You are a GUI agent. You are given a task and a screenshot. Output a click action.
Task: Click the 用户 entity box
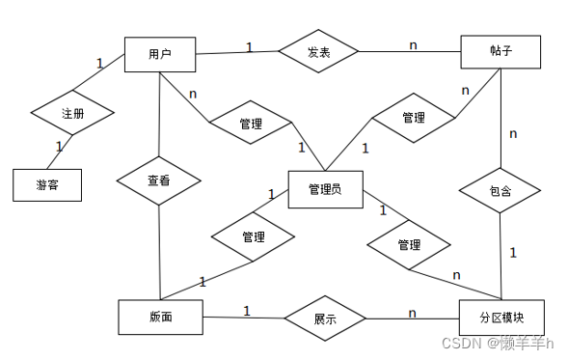tap(160, 53)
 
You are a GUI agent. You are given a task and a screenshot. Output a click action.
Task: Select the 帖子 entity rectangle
tap(499, 51)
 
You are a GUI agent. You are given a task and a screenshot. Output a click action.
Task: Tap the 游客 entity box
tap(46, 184)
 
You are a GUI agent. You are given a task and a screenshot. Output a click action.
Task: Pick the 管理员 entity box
tap(324, 188)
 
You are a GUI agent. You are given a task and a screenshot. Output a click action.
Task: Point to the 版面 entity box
tap(160, 317)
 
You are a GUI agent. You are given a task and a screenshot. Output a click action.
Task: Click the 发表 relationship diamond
tap(318, 53)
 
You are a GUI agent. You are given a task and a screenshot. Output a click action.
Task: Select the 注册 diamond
tap(72, 114)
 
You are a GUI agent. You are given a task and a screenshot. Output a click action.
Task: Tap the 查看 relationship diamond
tap(159, 180)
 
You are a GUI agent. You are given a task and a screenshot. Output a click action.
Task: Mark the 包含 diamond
tap(500, 191)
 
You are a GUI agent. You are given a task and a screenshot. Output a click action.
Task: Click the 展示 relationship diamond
tap(325, 318)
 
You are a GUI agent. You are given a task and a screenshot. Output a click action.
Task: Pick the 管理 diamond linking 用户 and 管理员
tap(251, 123)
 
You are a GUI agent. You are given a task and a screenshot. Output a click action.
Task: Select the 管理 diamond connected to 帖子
tap(414, 119)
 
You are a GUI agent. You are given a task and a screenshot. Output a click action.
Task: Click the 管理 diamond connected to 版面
tap(254, 237)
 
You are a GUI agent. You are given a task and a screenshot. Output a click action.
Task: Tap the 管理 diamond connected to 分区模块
tap(409, 246)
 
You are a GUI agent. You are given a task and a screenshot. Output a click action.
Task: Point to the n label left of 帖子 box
tap(414, 44)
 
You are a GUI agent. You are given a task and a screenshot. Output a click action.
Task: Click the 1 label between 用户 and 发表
tap(249, 46)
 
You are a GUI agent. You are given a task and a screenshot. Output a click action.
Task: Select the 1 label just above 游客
tap(59, 147)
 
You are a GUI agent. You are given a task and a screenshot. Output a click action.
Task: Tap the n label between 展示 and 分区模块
tap(413, 312)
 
